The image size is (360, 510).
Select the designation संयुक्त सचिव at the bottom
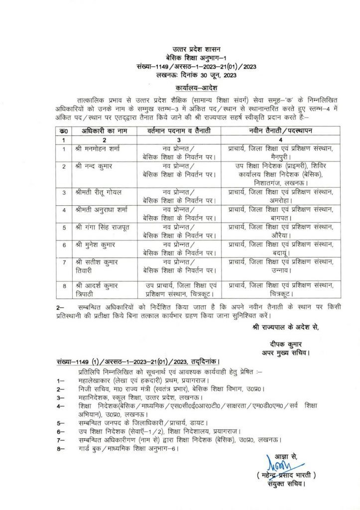pyautogui.click(x=286, y=483)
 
